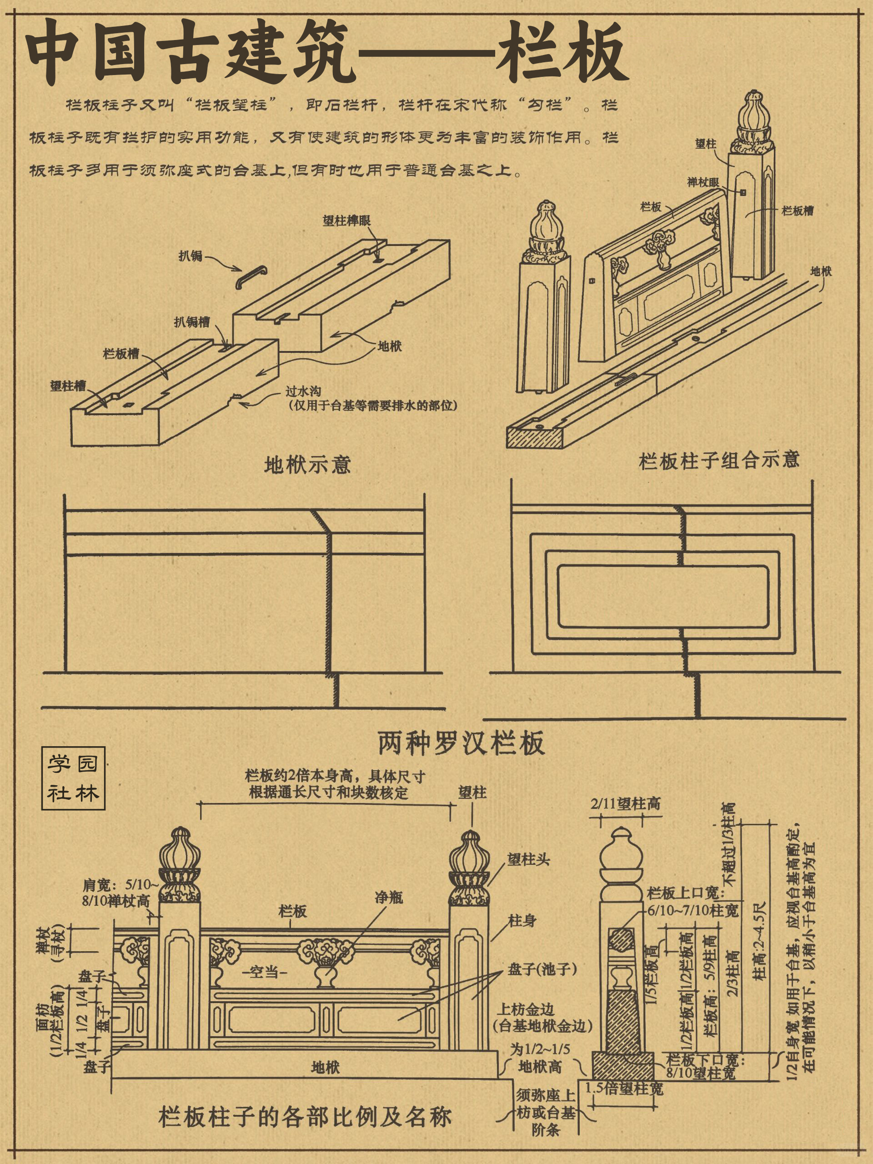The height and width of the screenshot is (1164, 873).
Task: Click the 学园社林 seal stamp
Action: (73, 778)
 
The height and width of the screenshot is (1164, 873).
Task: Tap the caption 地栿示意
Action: (307, 465)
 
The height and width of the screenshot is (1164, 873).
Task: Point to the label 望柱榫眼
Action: (346, 221)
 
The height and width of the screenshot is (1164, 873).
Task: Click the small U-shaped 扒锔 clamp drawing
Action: (251, 277)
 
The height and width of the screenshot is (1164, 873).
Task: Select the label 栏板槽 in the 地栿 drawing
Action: (121, 354)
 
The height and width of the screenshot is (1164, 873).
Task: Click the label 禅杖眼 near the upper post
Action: (703, 183)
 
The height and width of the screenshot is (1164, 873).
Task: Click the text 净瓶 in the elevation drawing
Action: (389, 897)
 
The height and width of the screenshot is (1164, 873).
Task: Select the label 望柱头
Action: (528, 860)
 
